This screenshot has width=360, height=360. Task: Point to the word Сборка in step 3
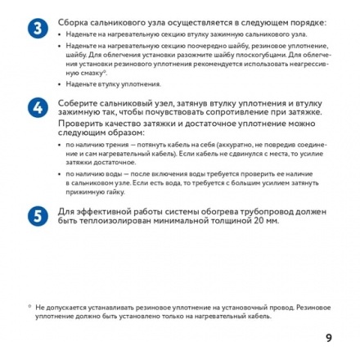coord(72,22)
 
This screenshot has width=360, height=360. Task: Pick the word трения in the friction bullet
coord(112,144)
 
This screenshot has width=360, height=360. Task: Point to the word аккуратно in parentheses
coord(215,144)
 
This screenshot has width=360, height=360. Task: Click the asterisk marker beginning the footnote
coord(29,304)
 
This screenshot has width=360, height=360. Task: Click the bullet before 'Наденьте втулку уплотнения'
coord(61,83)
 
